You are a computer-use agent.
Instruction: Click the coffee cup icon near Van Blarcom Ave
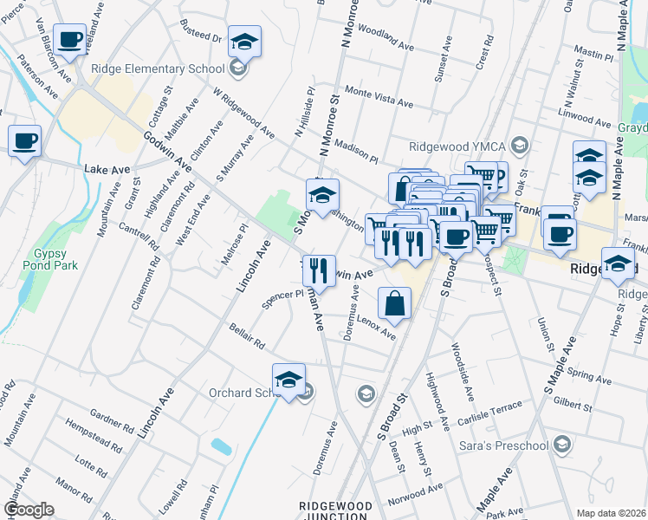click(x=69, y=39)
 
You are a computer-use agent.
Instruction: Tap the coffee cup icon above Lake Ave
click(x=24, y=140)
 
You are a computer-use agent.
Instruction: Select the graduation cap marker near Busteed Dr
click(x=244, y=41)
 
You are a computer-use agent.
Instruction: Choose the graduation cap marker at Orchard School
click(x=288, y=379)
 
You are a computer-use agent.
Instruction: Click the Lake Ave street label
click(x=102, y=170)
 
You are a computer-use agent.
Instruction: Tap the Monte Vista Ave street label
click(x=379, y=96)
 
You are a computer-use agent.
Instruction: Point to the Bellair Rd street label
click(x=247, y=337)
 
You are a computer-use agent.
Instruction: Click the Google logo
click(x=29, y=509)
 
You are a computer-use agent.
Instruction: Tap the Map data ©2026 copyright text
click(x=610, y=513)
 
